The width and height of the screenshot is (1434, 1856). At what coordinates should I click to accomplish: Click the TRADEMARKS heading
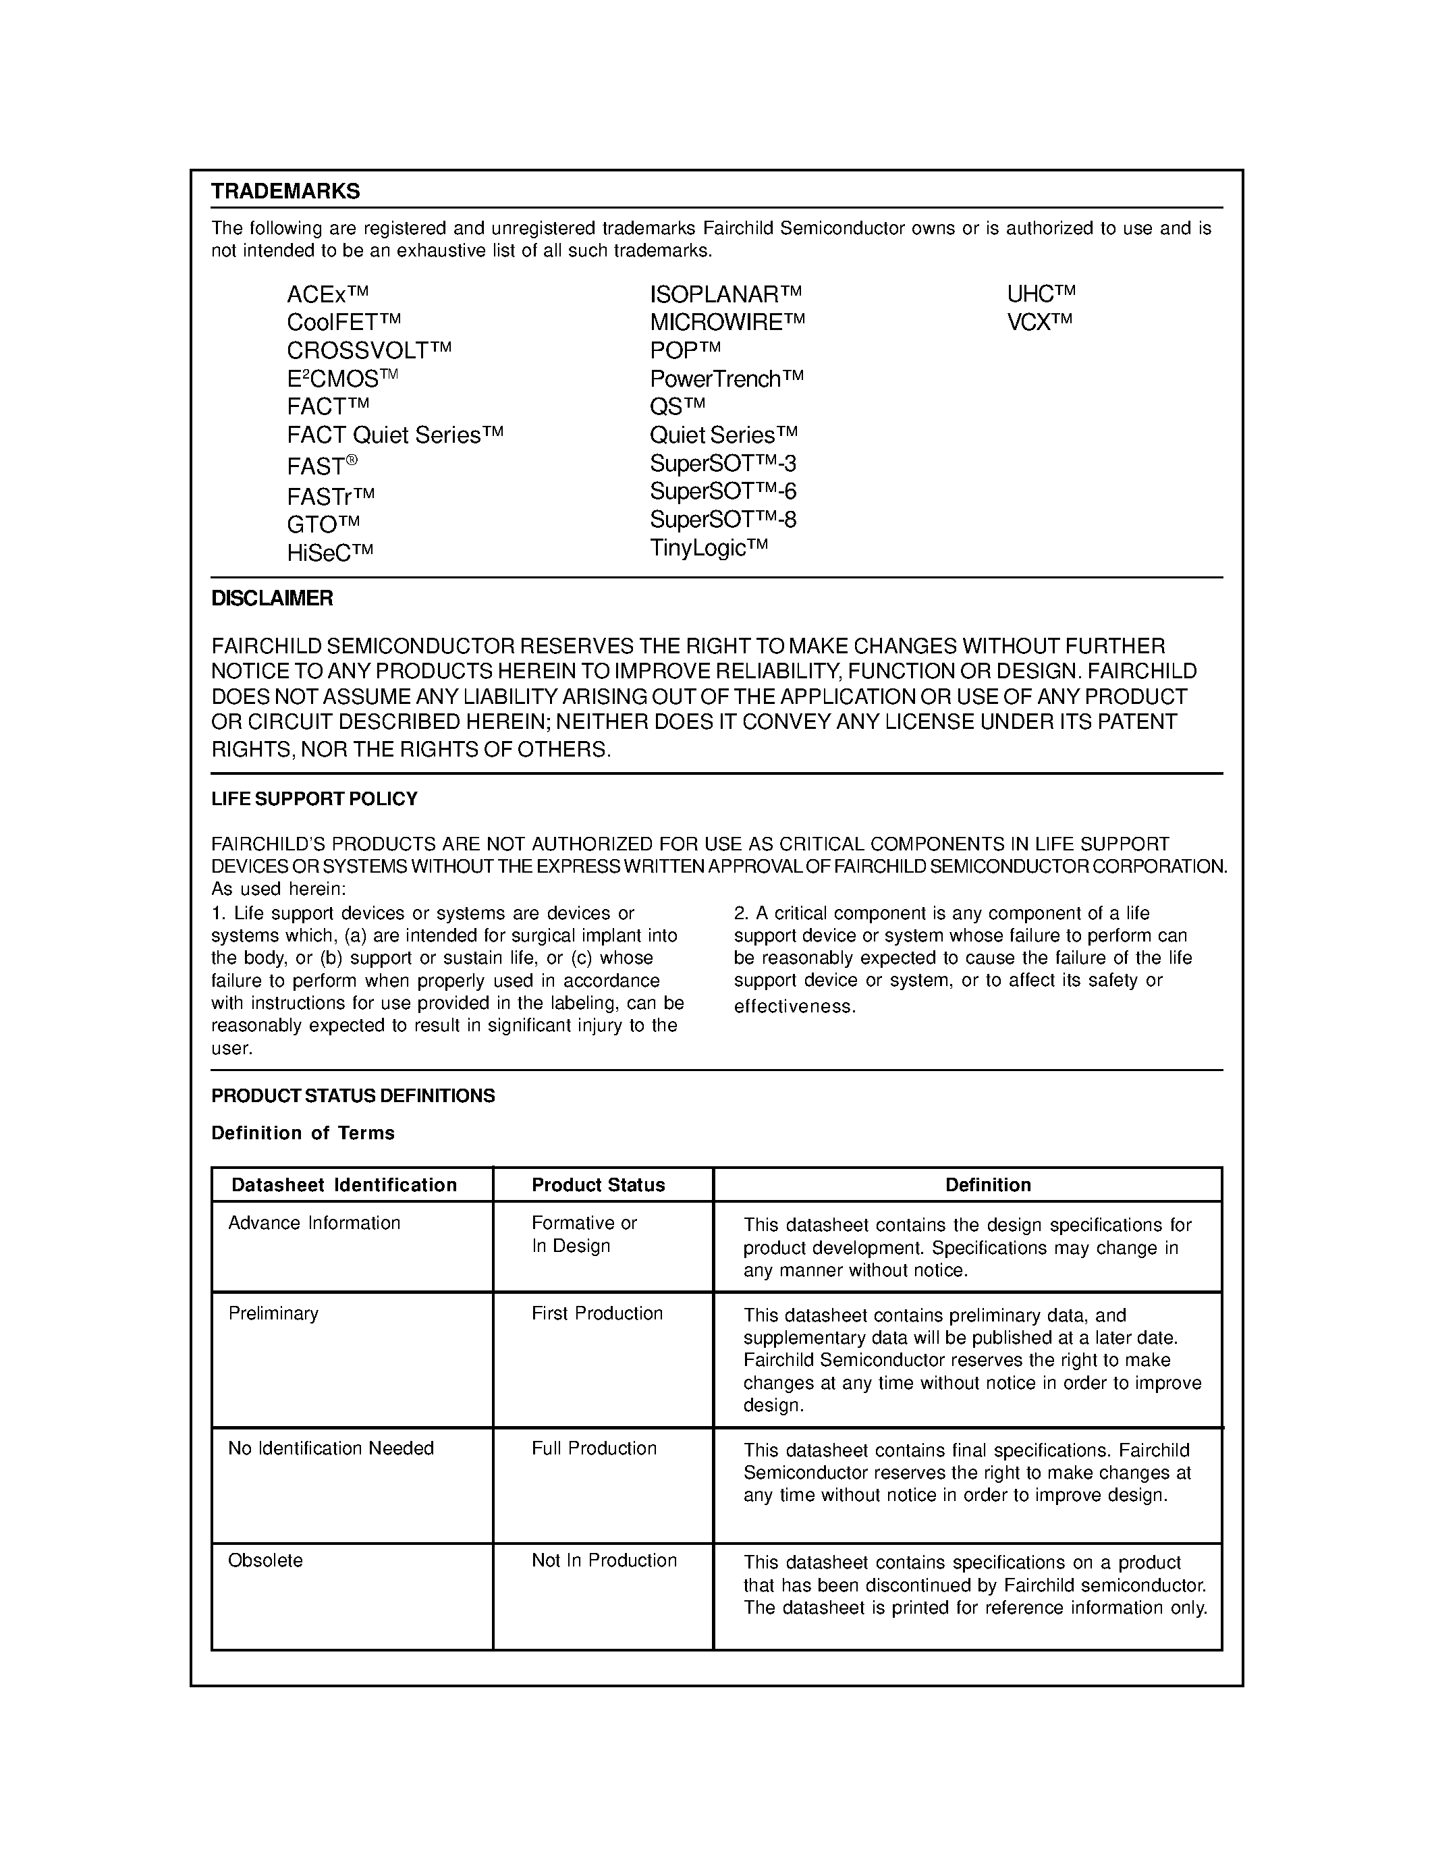tap(285, 191)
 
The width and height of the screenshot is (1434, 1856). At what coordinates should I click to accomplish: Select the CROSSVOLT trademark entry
tap(368, 350)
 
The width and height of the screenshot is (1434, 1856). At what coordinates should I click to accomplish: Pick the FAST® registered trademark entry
tap(322, 466)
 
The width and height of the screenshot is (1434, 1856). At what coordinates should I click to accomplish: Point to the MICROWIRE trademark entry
tap(726, 322)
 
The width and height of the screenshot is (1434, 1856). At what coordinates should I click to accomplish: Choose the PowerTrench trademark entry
tap(726, 378)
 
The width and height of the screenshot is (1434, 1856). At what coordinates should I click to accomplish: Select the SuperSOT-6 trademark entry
tap(723, 491)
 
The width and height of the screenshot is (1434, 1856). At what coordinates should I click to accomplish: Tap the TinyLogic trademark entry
tap(709, 547)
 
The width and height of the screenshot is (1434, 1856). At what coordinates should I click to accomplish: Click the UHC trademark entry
tap(1041, 294)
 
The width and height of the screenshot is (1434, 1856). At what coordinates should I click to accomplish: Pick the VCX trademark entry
tap(1039, 322)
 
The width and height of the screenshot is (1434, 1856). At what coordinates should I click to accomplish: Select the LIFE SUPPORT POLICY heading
tap(314, 799)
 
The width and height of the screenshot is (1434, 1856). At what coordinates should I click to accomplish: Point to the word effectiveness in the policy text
tap(794, 1007)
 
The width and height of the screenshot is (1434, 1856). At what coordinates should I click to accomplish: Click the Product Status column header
tap(598, 1184)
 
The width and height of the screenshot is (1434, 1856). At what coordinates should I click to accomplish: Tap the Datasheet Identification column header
tap(344, 1184)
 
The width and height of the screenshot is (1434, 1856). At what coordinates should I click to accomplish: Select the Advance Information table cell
tap(314, 1223)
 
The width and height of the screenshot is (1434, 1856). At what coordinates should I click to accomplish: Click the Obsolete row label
tap(265, 1560)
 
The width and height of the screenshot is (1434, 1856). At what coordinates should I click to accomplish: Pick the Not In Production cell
tap(604, 1560)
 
